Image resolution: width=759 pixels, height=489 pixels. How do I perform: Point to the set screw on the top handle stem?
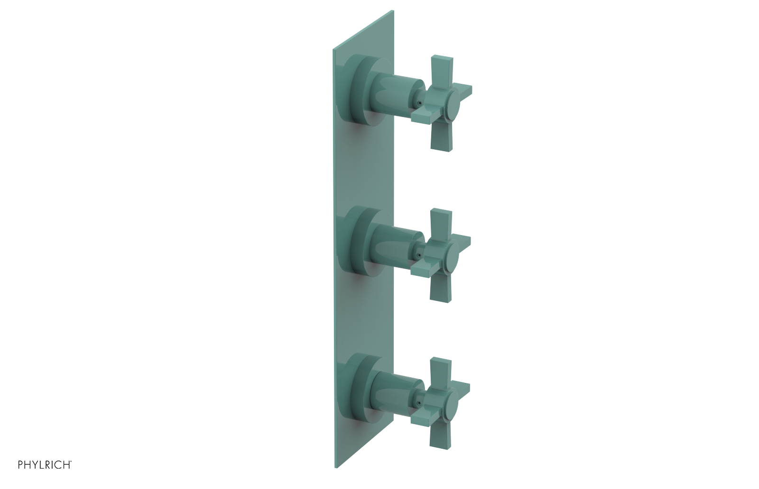click(x=419, y=102)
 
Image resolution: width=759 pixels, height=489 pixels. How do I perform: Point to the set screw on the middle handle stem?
click(x=418, y=255)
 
